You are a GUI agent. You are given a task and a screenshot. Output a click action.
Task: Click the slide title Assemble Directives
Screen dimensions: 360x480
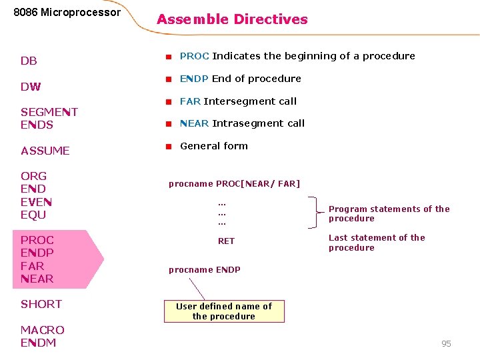[x=232, y=19]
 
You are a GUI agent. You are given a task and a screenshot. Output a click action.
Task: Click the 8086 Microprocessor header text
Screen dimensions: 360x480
[x=67, y=13]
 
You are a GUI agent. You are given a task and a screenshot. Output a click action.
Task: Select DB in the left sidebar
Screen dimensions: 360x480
[x=29, y=61]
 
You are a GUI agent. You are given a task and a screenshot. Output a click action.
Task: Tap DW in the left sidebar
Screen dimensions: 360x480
[x=31, y=87]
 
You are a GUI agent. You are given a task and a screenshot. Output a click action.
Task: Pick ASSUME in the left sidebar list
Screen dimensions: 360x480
[x=45, y=151]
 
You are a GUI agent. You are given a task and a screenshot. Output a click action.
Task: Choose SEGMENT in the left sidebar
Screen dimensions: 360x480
[x=49, y=112]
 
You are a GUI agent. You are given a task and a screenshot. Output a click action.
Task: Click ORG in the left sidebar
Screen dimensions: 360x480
[x=34, y=176]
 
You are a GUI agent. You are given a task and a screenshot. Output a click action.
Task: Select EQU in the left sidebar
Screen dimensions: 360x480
[x=33, y=215]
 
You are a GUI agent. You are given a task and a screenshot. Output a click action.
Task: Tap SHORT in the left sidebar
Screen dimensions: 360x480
[x=41, y=304]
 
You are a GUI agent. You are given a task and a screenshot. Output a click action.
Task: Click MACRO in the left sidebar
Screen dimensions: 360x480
[x=43, y=330]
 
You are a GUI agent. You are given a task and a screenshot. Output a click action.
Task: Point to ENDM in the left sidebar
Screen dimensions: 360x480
[x=39, y=343]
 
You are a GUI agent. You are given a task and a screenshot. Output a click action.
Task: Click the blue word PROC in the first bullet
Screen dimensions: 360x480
[x=195, y=56]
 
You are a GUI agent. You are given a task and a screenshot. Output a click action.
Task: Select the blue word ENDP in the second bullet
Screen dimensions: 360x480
[x=195, y=79]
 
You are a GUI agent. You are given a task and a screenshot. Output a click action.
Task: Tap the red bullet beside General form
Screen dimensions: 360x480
[x=169, y=146]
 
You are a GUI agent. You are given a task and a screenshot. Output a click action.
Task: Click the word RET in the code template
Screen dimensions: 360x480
[x=227, y=241]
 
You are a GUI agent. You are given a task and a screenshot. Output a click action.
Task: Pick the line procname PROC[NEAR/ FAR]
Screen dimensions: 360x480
[x=234, y=183]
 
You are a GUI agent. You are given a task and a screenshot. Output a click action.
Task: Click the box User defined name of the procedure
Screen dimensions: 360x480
[x=224, y=311]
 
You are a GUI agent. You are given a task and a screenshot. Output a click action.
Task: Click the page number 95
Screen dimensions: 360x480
[x=446, y=343]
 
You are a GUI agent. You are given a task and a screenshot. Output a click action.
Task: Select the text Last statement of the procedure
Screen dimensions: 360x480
[x=377, y=243]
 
